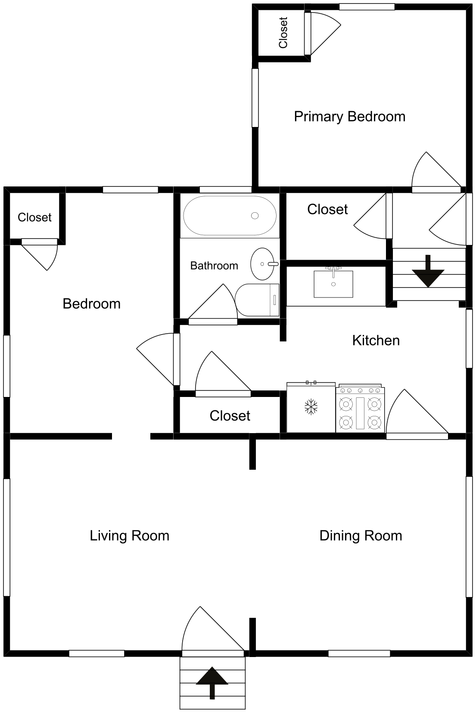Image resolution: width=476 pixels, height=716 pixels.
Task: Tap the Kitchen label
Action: point(376,341)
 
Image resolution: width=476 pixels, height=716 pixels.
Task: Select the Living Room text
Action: point(129,536)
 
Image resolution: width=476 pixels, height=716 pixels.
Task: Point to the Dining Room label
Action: point(361,536)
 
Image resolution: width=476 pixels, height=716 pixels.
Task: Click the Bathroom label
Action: point(214,266)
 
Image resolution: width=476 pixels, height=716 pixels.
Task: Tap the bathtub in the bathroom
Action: point(230,215)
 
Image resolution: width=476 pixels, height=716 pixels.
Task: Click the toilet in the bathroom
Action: point(257,300)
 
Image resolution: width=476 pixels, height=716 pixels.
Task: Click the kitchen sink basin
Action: point(333,284)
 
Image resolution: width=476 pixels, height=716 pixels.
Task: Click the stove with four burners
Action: point(360,408)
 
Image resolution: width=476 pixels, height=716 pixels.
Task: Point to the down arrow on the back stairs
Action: point(428,271)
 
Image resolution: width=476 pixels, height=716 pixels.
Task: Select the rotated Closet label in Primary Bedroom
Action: point(283,33)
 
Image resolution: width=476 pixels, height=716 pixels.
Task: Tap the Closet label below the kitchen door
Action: point(230,416)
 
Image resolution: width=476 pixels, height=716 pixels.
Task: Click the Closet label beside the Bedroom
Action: point(34,217)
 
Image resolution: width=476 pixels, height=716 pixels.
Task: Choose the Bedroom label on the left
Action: point(91,304)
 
